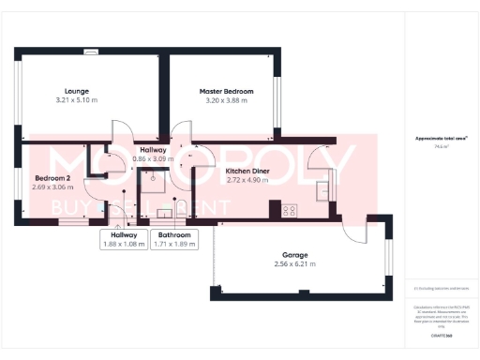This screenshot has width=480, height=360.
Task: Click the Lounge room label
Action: point(64,90)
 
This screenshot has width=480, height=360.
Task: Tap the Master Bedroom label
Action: point(224,91)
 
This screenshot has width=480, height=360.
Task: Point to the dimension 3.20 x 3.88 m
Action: point(224,100)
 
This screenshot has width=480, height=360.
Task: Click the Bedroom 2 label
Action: point(52,177)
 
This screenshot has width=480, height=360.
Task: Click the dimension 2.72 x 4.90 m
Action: point(249,181)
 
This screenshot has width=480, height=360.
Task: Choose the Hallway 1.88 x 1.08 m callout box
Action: point(124,239)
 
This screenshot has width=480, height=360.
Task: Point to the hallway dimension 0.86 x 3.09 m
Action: point(153,159)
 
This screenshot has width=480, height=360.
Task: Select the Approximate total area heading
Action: point(435,139)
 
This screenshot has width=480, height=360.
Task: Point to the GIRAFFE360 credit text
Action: point(442,334)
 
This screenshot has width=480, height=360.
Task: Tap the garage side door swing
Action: point(355,234)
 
